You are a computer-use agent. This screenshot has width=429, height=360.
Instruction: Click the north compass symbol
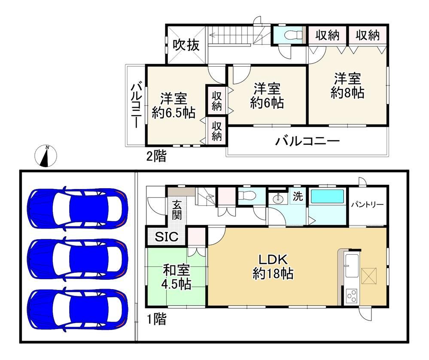pos(46,156)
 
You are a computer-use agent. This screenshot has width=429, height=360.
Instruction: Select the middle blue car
pos(78,259)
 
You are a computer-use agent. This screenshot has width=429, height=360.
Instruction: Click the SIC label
pos(167,237)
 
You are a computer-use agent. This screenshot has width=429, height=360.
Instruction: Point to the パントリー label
pos(368,204)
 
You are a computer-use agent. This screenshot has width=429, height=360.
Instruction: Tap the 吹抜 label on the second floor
pos(186,45)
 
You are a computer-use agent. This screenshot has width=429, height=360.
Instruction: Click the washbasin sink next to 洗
pos(278,198)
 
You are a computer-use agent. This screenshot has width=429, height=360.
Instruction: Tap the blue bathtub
pos(327,196)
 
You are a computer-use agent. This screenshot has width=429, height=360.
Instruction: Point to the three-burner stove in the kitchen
pos(352,296)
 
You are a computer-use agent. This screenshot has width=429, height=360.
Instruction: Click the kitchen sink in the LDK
pos(353,265)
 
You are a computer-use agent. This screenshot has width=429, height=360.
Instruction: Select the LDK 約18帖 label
pos(273,266)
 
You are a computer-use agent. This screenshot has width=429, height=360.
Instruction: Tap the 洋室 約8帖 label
pos(347,85)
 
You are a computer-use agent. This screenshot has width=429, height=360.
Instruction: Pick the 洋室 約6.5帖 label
pos(173,106)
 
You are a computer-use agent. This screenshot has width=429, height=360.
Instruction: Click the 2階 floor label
pos(156,156)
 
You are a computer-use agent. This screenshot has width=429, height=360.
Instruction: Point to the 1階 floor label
pos(156,319)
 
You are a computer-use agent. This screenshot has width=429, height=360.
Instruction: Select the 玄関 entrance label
pos(177,210)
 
